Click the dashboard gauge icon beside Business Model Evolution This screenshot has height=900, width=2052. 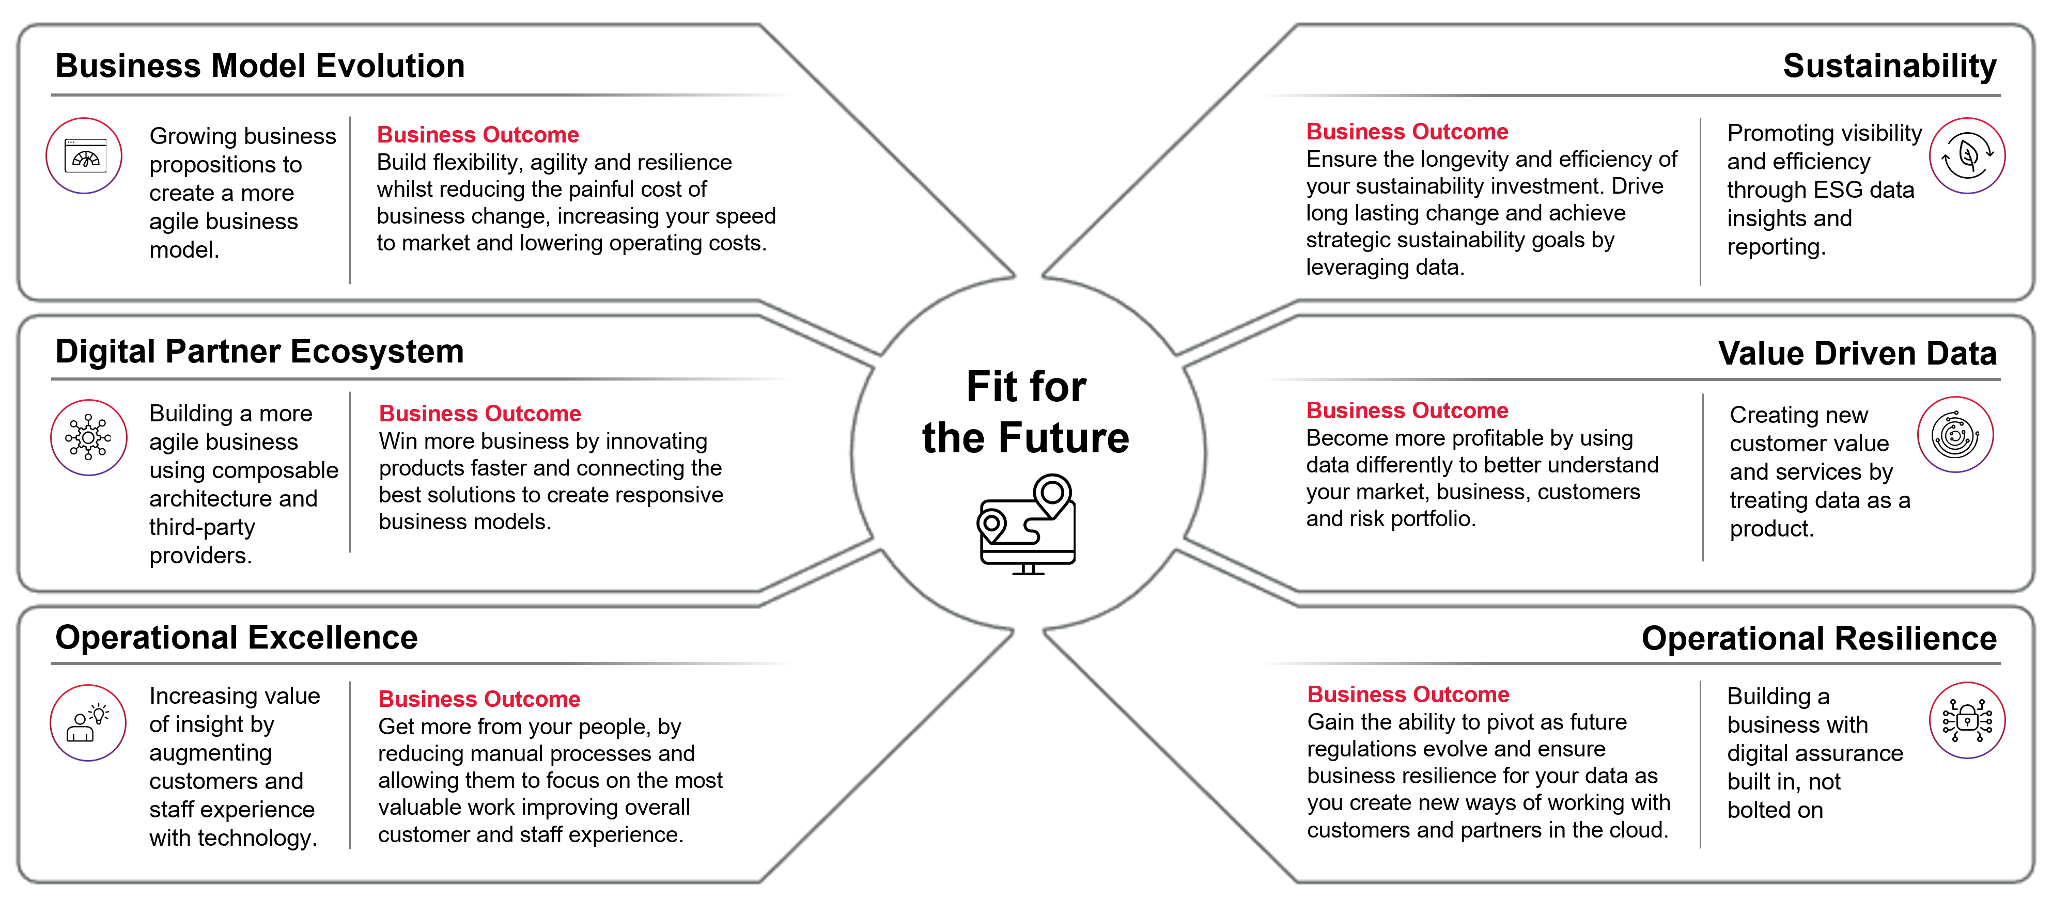[84, 156]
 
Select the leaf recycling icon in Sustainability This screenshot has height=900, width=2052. [1967, 156]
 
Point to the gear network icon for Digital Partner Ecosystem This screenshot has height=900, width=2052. [88, 437]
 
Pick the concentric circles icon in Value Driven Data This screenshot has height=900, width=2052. [1955, 435]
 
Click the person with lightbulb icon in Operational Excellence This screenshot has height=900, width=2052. [88, 722]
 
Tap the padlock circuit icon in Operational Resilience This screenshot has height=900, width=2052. [1967, 720]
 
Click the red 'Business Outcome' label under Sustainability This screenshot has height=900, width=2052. [1407, 132]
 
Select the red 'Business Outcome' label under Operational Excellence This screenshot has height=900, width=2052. [479, 699]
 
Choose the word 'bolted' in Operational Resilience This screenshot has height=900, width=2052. [1756, 810]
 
